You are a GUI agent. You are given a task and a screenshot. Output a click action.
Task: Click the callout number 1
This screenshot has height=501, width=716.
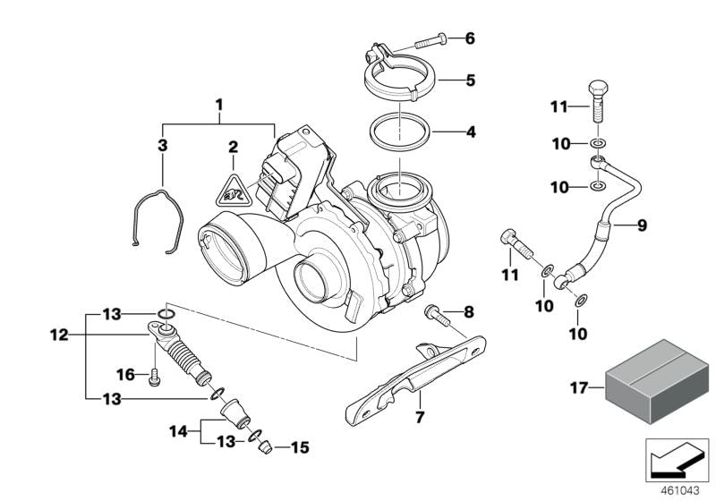click(x=217, y=106)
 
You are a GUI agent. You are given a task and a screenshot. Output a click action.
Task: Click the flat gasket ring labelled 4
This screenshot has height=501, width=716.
click(x=400, y=134)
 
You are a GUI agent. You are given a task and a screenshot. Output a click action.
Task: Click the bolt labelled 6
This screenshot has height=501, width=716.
click(x=433, y=39)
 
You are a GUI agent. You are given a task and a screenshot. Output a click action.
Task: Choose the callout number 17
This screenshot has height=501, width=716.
click(x=578, y=387)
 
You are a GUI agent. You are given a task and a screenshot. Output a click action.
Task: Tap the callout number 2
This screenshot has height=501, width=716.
click(x=233, y=147)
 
